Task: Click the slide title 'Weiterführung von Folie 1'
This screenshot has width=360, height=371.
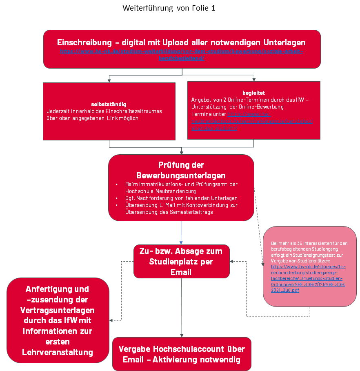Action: pos(169,9)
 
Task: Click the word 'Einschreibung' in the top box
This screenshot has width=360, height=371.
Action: pos(84,42)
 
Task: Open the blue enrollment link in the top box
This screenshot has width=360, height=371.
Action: pos(182,55)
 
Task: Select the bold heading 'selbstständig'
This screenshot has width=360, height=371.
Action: pos(109,104)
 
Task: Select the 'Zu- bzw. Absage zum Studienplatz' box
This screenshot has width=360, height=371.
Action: pos(181,261)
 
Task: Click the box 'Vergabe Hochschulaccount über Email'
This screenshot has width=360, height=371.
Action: pos(182,354)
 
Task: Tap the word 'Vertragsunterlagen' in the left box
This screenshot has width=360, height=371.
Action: pos(58,310)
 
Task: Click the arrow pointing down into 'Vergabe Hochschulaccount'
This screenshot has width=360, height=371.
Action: pos(182,334)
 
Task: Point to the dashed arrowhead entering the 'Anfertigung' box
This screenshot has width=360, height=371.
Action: pos(111,320)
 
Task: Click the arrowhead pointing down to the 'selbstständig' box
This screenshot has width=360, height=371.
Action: pos(109,80)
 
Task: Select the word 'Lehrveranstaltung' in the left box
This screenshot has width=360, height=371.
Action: pos(58,352)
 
